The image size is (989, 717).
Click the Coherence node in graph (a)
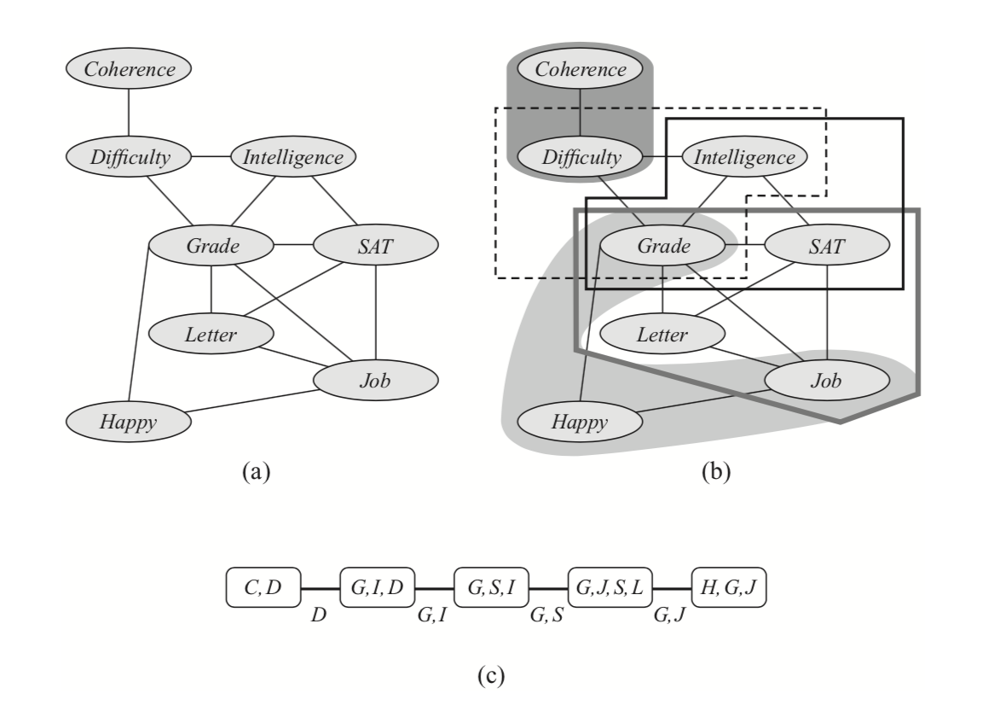coord(129,70)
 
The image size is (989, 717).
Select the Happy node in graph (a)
coord(129,421)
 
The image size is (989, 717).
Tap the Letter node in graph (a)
coord(211,333)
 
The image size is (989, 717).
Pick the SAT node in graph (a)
coord(376,246)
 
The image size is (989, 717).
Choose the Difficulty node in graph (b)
coord(580,157)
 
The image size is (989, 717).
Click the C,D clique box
coord(265,587)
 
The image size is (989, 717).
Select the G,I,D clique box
coord(378,587)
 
